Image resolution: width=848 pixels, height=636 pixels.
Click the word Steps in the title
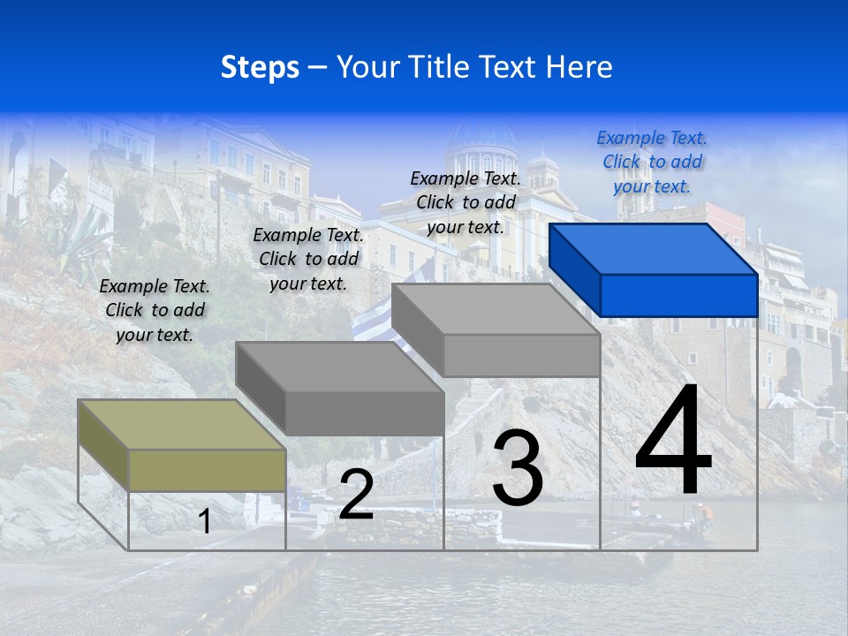click(x=260, y=67)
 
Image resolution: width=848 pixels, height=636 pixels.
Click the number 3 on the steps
click(x=517, y=468)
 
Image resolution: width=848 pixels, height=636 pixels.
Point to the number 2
click(x=356, y=495)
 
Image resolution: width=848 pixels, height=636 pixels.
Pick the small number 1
click(x=205, y=521)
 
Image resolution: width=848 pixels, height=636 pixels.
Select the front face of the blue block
click(x=678, y=295)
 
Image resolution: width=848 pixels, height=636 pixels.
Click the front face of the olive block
click(x=207, y=470)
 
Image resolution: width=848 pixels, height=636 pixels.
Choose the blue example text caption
click(x=652, y=162)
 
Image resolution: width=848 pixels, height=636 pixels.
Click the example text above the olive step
click(x=155, y=310)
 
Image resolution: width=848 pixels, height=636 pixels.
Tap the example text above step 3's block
click(x=466, y=202)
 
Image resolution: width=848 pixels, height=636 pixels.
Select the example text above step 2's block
click(x=308, y=259)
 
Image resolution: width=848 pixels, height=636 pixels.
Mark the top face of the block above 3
click(x=495, y=309)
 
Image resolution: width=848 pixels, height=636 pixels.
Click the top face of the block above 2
click(x=338, y=367)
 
